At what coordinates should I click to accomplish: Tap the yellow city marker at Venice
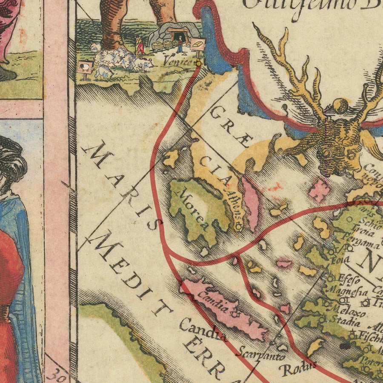click(198, 63)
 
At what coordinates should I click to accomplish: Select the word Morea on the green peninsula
click(192, 210)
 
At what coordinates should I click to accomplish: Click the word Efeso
click(349, 280)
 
